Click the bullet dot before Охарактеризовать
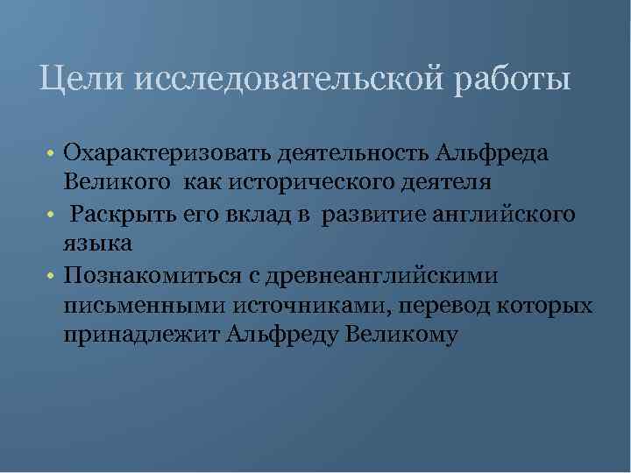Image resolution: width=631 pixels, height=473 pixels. coord(53,154)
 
